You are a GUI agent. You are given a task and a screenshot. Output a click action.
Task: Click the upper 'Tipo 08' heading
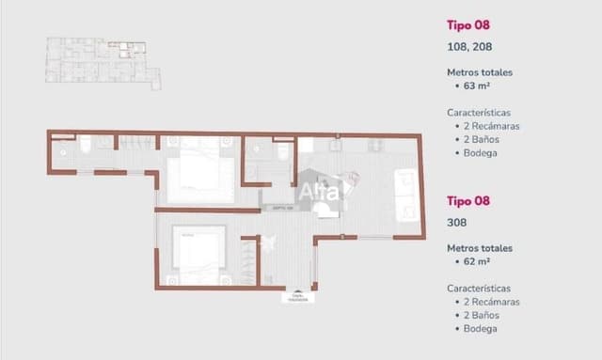[469, 24]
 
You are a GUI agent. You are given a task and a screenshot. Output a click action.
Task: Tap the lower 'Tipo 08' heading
[469, 201]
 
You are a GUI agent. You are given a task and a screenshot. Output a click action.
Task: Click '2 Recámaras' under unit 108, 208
[490, 125]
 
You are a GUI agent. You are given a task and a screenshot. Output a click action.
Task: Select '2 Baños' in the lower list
[481, 315]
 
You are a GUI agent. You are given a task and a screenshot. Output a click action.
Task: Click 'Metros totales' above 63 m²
[480, 72]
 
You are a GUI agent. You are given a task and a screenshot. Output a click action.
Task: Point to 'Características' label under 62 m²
[479, 289]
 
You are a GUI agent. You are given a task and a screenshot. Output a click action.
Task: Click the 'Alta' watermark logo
[319, 192]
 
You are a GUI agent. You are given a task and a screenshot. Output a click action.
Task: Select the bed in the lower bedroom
[198, 251]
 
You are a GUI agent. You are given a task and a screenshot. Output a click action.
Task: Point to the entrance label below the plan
[298, 298]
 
